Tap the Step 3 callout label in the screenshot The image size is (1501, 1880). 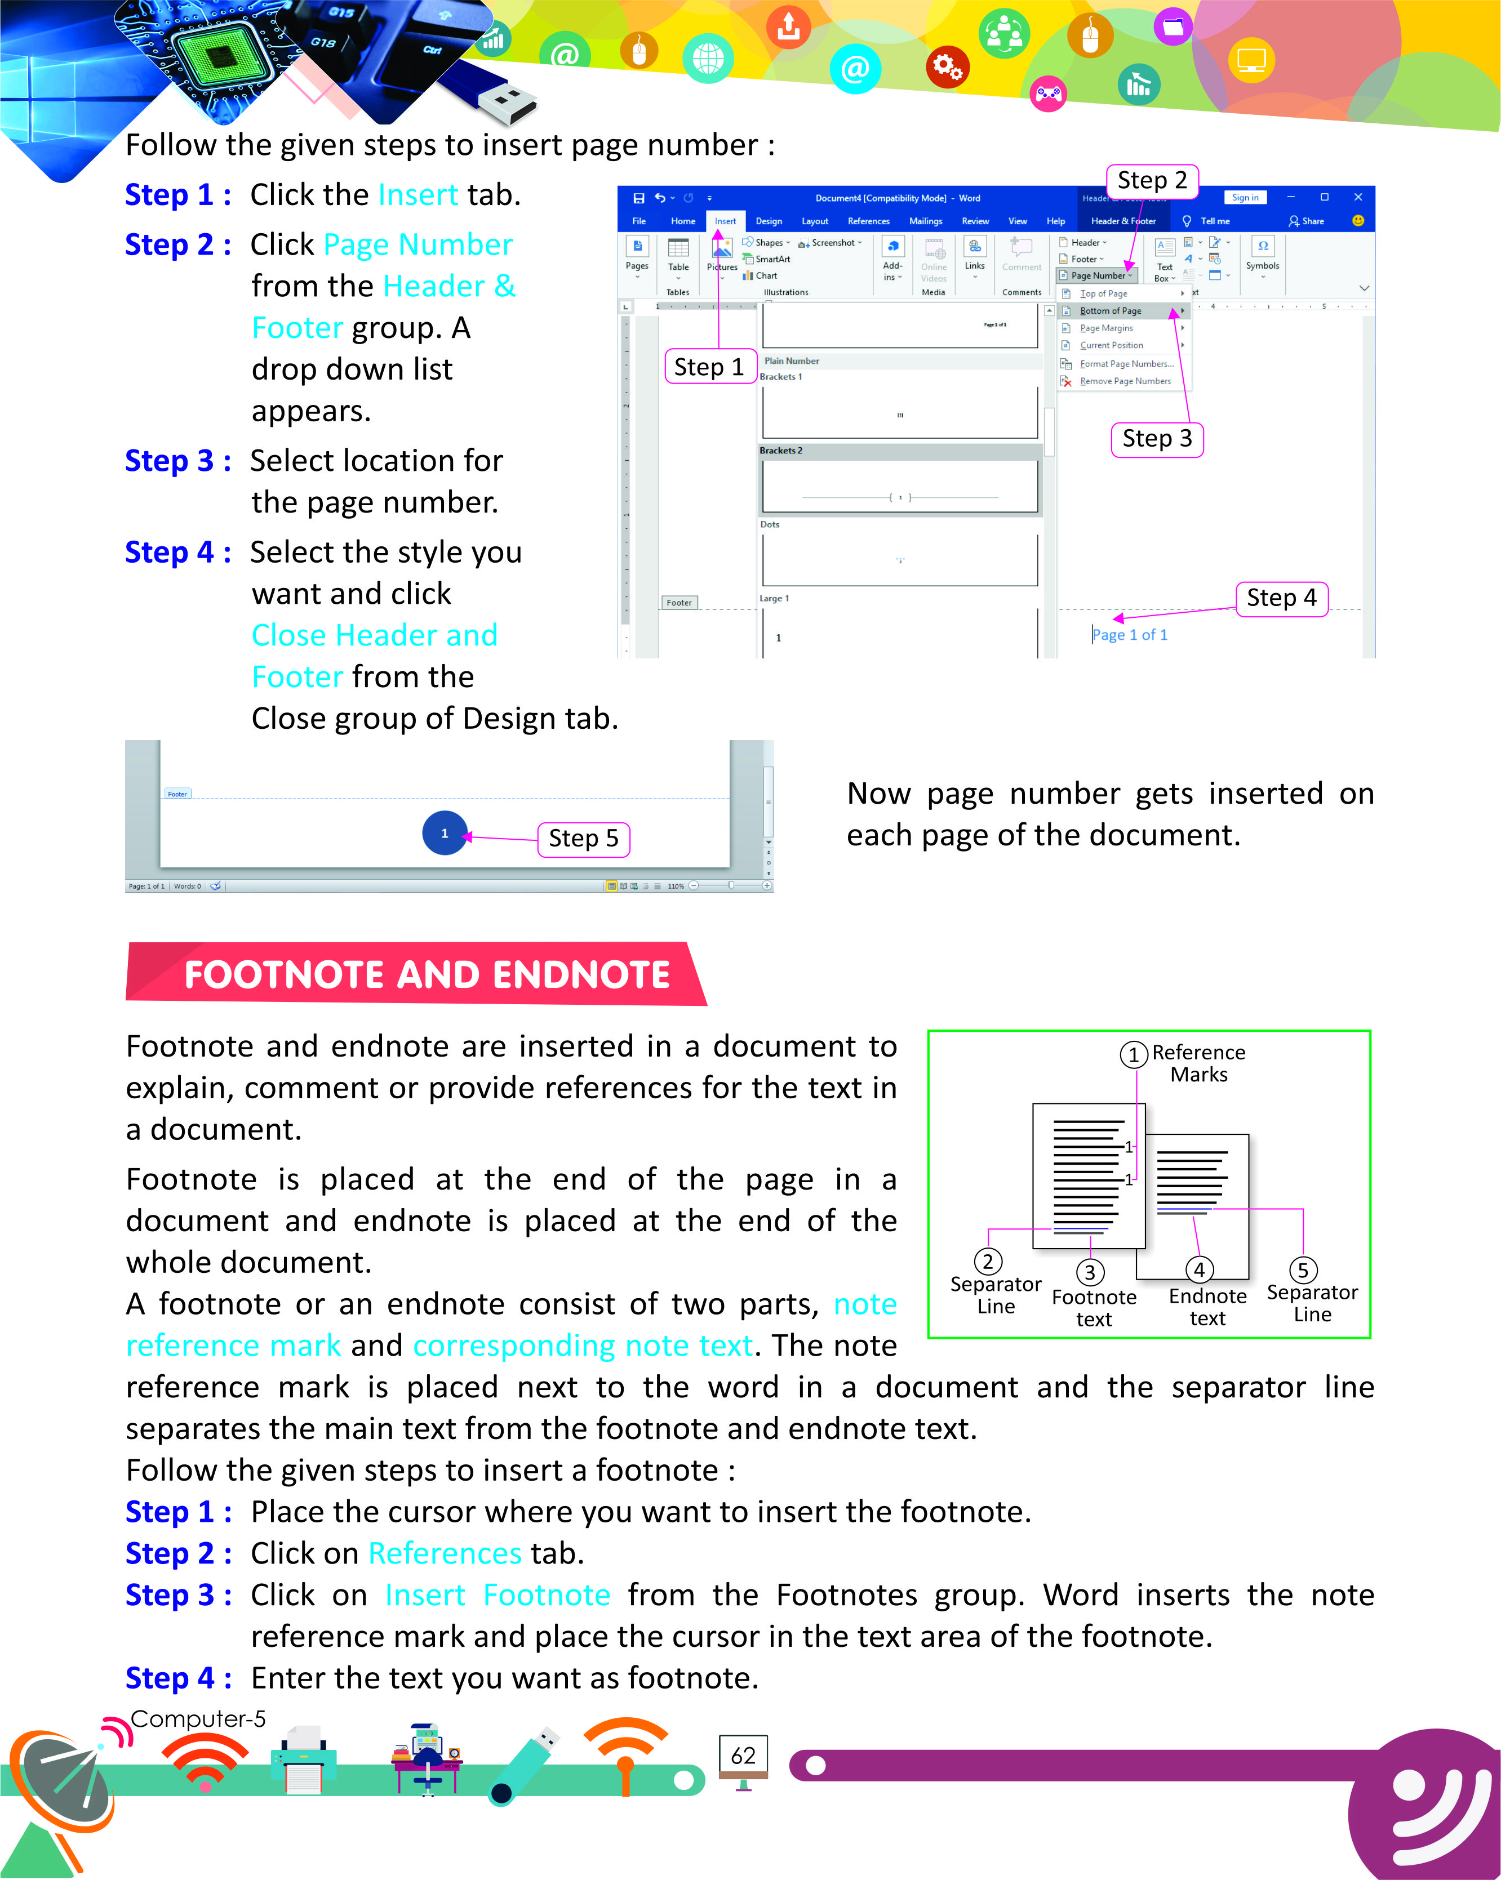tap(1157, 439)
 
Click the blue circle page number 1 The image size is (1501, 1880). tap(445, 833)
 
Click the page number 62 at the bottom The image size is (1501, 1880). tap(743, 1756)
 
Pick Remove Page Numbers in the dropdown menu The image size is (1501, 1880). tap(1125, 381)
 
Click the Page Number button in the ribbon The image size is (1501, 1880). tap(1097, 275)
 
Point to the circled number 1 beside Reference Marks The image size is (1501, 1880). tap(1133, 1055)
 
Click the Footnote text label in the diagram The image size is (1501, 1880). tap(1094, 1308)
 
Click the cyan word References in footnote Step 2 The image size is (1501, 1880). tap(445, 1553)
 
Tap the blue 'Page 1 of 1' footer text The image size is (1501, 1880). tap(1130, 635)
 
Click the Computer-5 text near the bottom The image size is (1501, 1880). tap(198, 1719)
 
